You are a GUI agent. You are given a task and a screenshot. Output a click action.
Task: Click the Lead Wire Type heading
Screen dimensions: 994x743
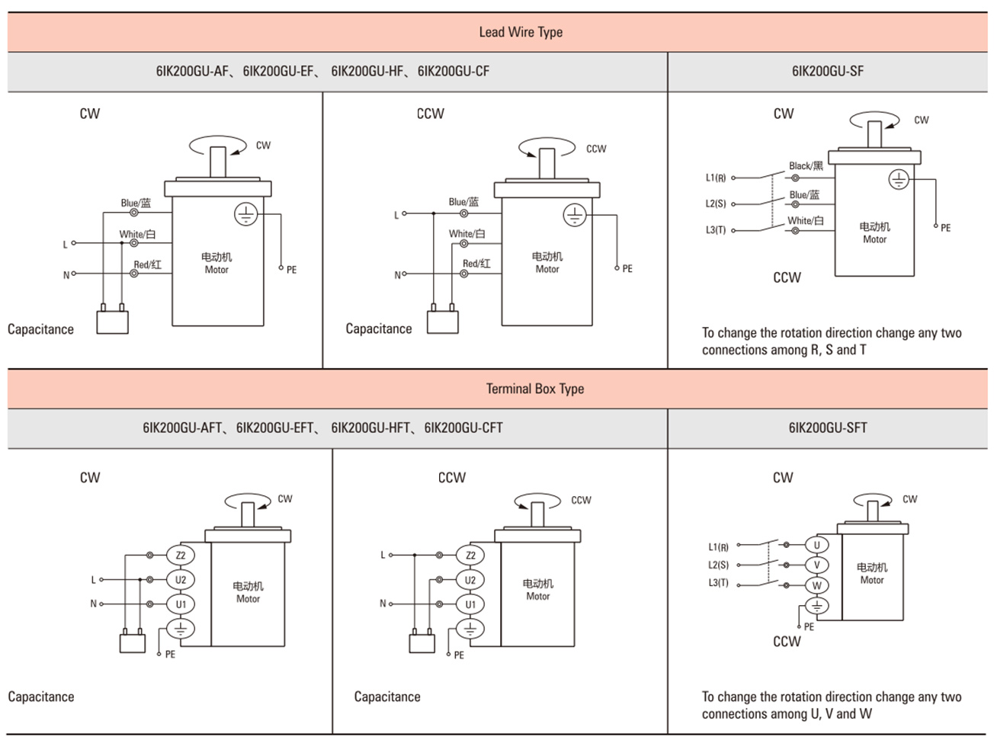click(x=521, y=32)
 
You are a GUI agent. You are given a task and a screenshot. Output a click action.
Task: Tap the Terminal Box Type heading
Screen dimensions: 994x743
click(x=535, y=389)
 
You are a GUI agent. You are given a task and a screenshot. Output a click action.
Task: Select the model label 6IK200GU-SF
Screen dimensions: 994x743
click(x=827, y=71)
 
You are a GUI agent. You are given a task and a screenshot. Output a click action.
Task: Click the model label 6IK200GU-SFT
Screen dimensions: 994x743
click(x=828, y=428)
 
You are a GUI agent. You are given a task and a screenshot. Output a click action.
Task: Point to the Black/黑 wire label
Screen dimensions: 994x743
click(x=806, y=165)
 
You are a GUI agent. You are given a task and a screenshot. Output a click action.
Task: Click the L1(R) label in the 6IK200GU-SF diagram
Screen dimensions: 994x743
click(x=716, y=178)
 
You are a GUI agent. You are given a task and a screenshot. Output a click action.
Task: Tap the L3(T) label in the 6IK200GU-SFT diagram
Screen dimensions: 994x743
click(x=718, y=582)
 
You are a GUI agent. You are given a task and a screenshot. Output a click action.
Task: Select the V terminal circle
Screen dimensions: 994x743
click(x=816, y=565)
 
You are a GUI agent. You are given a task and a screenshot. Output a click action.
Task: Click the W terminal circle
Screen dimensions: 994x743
click(x=816, y=585)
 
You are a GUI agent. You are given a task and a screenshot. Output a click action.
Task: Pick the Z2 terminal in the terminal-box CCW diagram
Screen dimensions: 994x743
click(x=470, y=556)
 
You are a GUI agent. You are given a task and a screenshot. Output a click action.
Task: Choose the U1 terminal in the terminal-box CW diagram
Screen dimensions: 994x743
click(x=181, y=604)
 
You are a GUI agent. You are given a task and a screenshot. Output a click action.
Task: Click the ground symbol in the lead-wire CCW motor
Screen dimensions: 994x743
click(x=575, y=215)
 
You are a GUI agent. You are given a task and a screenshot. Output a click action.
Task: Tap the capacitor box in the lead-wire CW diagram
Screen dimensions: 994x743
click(x=112, y=322)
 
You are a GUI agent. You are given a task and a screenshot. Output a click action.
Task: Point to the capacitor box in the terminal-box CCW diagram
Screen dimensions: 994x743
click(x=422, y=643)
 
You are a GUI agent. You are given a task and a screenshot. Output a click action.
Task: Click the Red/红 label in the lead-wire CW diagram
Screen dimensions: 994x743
click(x=148, y=264)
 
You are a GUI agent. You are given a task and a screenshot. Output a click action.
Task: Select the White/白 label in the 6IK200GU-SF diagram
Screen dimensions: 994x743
click(x=806, y=220)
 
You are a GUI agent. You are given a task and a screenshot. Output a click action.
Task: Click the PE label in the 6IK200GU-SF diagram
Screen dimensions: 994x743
click(x=945, y=228)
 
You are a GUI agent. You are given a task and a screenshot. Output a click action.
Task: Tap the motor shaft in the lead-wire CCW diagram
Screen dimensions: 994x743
click(x=547, y=163)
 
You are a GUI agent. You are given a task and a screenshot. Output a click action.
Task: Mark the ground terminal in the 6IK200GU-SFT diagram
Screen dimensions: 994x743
click(x=816, y=606)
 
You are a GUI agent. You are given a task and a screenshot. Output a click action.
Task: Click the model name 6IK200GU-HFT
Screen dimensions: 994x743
click(x=370, y=428)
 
